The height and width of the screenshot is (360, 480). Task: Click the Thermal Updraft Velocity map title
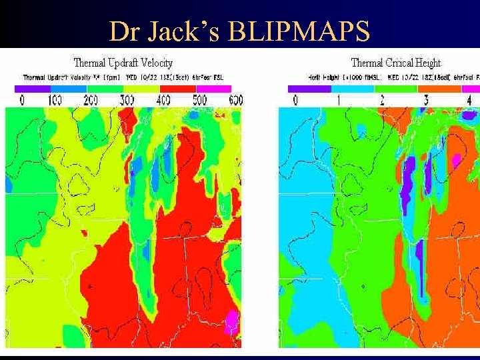123,63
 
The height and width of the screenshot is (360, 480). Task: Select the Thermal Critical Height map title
395,63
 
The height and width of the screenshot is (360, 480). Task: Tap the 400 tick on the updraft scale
163,101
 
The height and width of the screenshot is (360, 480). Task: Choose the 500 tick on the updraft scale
200,101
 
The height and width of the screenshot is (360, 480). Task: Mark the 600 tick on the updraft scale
235,101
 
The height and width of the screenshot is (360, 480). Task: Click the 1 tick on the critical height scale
338,101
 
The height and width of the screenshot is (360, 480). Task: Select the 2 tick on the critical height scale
382,101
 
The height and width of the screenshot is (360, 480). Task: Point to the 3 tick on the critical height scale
425,101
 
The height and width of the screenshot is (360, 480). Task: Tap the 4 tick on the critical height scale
469,101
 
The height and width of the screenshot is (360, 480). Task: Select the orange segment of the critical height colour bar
441,89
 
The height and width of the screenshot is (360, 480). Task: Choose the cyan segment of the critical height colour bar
354,89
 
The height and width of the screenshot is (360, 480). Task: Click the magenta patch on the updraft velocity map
231,323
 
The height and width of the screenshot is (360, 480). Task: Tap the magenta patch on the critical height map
456,160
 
